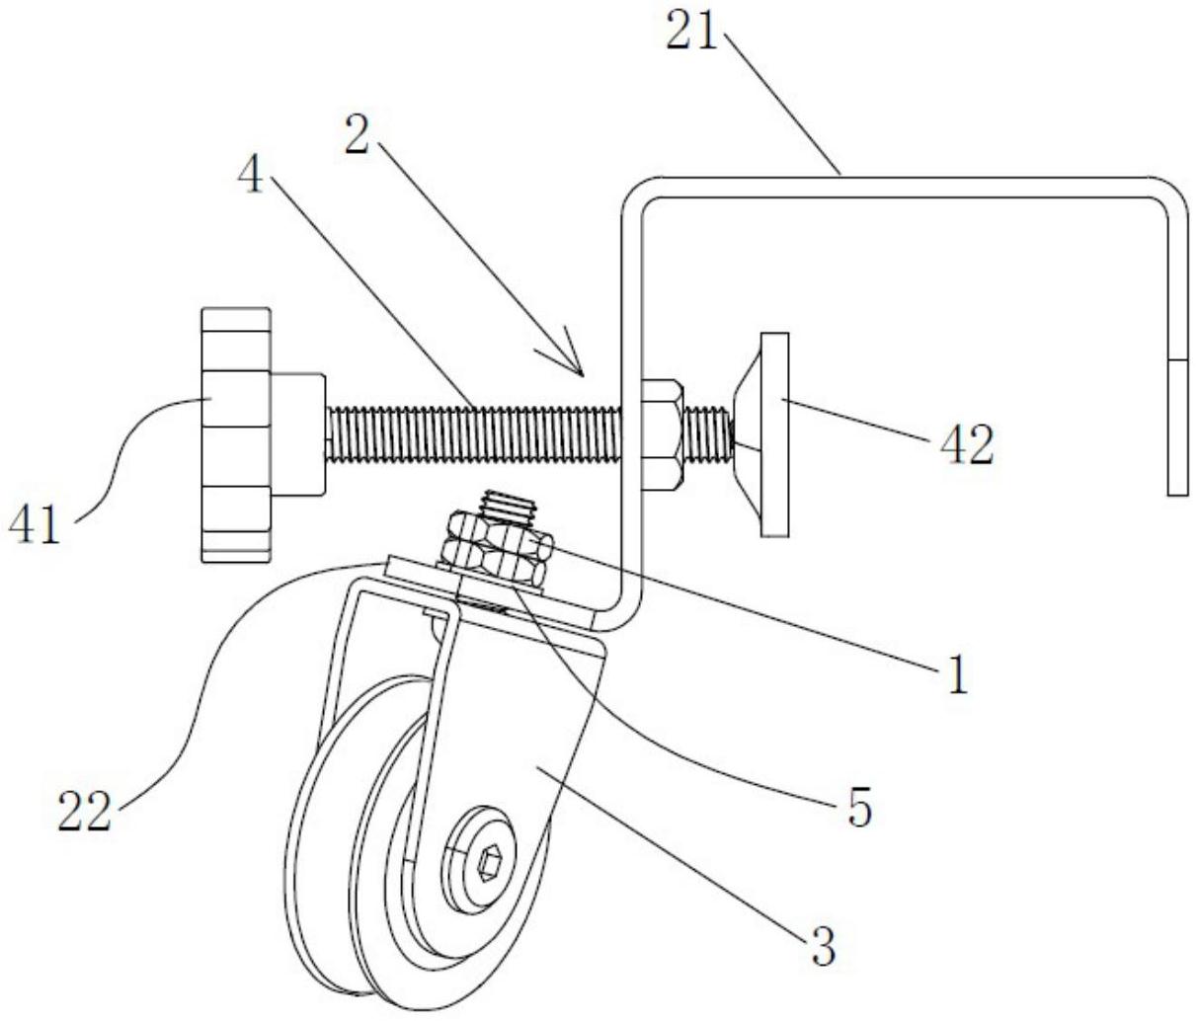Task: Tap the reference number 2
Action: (358, 133)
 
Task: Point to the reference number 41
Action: (35, 524)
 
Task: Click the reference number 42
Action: (966, 445)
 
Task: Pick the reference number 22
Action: (84, 812)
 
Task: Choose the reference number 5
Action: (859, 807)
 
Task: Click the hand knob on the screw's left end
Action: (235, 435)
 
